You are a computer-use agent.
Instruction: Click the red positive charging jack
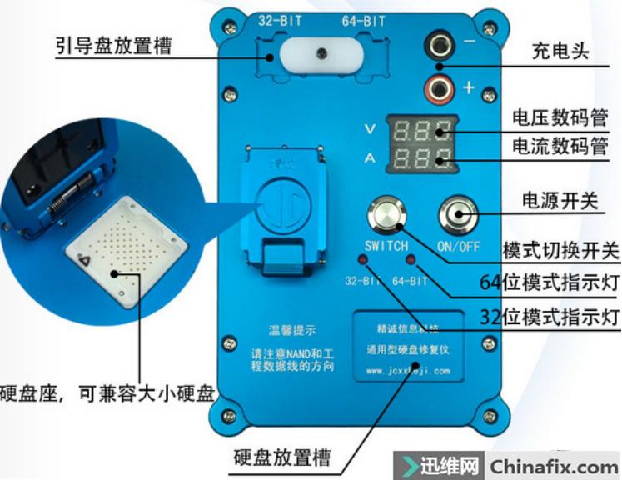coord(438,86)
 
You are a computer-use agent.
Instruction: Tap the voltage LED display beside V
coord(424,130)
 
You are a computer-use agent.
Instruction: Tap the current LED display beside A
coord(424,157)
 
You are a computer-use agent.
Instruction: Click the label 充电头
coord(560,51)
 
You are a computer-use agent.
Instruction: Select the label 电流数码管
coord(560,147)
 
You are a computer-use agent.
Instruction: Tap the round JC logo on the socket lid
coord(283,203)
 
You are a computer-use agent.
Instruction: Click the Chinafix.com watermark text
coord(553,466)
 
